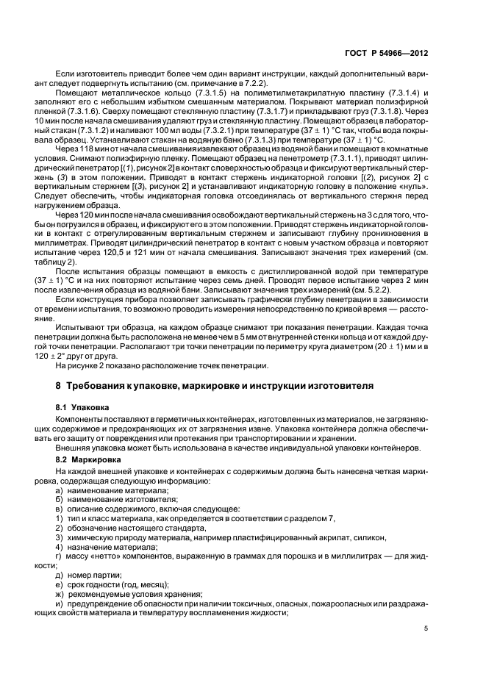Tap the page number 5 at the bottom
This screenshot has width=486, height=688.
click(426, 628)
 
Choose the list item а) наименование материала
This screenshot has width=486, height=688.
click(107, 489)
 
